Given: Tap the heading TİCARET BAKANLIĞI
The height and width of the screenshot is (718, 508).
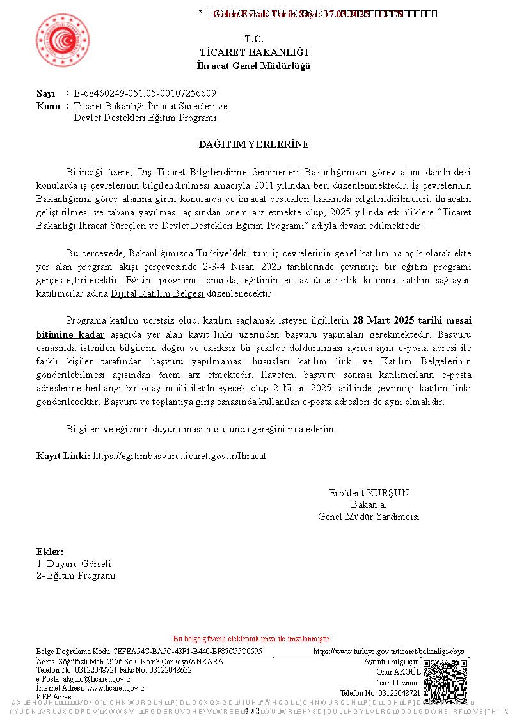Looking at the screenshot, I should click(x=254, y=52).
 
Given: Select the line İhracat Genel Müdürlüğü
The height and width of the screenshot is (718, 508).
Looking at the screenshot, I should click(x=254, y=66).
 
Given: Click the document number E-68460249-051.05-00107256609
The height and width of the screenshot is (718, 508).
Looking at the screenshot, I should click(x=145, y=93).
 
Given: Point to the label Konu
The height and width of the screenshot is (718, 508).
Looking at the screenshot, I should click(x=47, y=106).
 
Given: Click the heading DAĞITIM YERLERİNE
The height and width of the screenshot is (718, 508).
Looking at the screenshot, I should click(x=254, y=144).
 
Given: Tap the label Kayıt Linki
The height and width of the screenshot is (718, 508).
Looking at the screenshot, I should click(x=63, y=456).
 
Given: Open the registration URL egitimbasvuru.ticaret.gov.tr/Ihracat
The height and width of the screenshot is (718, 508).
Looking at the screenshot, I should click(x=180, y=456).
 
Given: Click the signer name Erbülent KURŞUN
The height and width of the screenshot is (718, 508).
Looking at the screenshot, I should click(x=369, y=493).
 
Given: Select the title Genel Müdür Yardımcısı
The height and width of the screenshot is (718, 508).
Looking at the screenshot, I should click(x=369, y=517).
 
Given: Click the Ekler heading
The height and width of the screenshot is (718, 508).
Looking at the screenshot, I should click(x=50, y=552).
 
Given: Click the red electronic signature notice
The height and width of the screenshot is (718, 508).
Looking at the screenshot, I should click(x=253, y=639).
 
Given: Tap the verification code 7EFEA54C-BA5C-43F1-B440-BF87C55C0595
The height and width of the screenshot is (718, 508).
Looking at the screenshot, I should click(x=187, y=652).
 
